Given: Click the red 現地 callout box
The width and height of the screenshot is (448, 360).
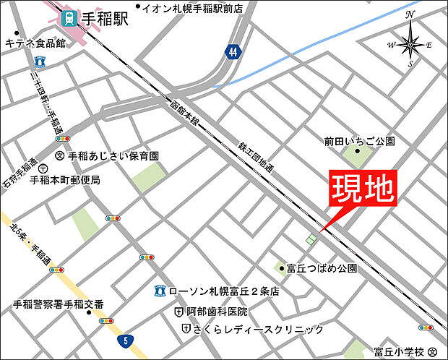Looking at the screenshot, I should tap(363, 190).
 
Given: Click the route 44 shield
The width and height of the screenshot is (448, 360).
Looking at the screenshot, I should tap(231, 51).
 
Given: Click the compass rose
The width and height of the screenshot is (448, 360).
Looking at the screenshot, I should tap(410, 45).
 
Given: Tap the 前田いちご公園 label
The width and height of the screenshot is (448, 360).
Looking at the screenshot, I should tap(361, 142).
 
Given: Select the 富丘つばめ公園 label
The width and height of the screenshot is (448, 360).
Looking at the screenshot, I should tap(322, 268).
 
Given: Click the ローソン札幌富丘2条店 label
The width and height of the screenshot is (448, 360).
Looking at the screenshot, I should tap(223, 292).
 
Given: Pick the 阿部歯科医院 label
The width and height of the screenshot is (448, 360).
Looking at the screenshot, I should tap(216, 312).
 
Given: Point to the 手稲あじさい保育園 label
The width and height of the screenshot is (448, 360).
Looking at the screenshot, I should tap(113, 155).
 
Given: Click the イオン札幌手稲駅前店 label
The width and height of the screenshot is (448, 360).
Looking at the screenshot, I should tap(202, 9).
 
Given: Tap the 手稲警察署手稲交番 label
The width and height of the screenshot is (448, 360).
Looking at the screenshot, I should tap(59, 304).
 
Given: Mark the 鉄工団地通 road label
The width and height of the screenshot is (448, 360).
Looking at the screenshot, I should tap(257, 158).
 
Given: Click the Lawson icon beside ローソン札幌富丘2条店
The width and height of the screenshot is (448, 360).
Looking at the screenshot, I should tap(161, 292).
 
